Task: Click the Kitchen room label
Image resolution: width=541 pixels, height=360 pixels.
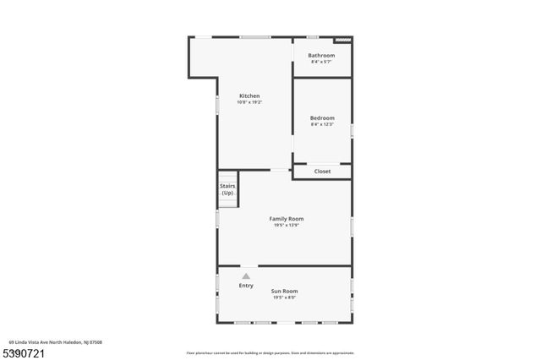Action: pyautogui.click(x=249, y=95)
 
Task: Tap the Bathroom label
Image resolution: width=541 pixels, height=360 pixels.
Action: pyautogui.click(x=321, y=56)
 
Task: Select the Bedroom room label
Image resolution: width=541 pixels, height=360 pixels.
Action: pyautogui.click(x=322, y=117)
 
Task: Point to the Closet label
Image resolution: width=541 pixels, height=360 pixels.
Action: pyautogui.click(x=322, y=172)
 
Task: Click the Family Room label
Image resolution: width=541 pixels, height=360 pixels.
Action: pyautogui.click(x=287, y=219)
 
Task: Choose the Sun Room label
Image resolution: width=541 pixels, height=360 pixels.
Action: pyautogui.click(x=284, y=291)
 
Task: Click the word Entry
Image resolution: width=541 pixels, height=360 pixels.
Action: pyautogui.click(x=246, y=286)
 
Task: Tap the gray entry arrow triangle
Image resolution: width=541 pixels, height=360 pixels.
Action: pyautogui.click(x=246, y=275)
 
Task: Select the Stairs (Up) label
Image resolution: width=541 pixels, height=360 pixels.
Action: pyautogui.click(x=227, y=188)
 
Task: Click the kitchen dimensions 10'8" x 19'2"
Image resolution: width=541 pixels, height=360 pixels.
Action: pyautogui.click(x=249, y=102)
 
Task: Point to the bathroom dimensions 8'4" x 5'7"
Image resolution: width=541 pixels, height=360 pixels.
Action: pyautogui.click(x=321, y=62)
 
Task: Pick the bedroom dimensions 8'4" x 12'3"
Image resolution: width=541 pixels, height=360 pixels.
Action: pyautogui.click(x=322, y=124)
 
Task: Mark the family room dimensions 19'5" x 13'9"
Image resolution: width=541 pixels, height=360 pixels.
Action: pyautogui.click(x=287, y=225)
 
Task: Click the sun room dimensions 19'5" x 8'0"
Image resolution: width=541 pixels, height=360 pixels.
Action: pyautogui.click(x=284, y=297)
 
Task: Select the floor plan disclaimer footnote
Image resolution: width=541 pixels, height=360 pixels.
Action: pyautogui.click(x=270, y=352)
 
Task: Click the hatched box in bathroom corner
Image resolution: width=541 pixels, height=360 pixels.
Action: pyautogui.click(x=342, y=39)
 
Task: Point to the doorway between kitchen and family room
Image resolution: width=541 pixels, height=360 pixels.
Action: pyautogui.click(x=279, y=170)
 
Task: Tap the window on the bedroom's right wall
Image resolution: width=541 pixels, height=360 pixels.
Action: pyautogui.click(x=352, y=130)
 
